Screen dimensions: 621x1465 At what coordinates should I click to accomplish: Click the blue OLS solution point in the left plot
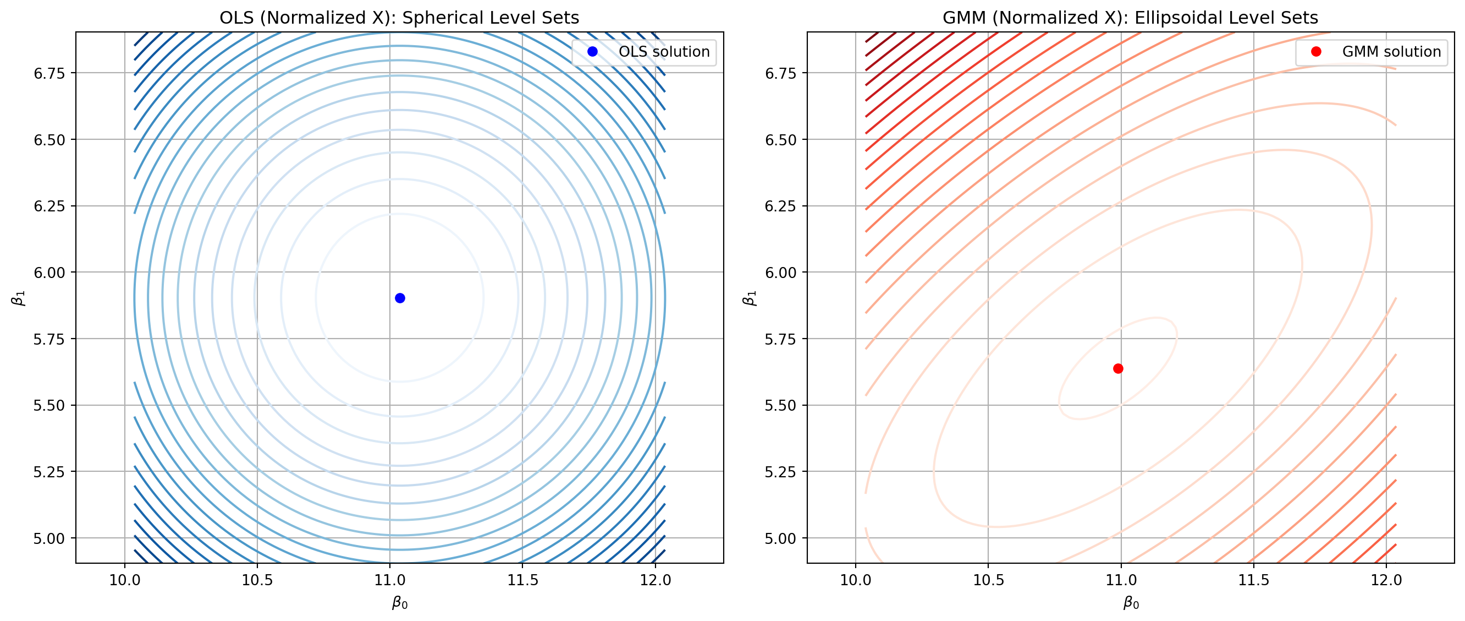coord(400,298)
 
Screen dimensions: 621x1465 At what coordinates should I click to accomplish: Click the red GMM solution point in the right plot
coord(1118,369)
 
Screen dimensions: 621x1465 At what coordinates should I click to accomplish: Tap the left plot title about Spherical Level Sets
coord(399,18)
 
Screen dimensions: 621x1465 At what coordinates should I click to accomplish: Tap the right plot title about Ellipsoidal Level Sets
coord(1130,18)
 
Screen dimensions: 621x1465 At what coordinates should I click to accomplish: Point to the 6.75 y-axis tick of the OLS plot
coord(49,73)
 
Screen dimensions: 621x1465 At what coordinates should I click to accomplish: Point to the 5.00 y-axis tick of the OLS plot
coord(49,538)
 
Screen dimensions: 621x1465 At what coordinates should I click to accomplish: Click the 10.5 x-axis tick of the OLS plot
coord(257,581)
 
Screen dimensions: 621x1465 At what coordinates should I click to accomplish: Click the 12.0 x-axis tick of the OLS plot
coord(655,581)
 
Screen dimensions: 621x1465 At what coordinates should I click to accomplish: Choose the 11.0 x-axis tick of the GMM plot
coord(1121,581)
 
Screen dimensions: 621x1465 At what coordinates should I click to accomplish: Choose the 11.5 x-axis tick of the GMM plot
coord(1253,581)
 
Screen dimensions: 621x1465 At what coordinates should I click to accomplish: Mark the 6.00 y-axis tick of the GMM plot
coord(781,273)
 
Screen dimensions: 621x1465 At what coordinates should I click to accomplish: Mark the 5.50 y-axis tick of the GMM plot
coord(781,406)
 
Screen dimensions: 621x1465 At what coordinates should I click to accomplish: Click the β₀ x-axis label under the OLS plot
coord(400,603)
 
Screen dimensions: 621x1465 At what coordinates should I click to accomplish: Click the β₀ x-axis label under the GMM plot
coord(1131,603)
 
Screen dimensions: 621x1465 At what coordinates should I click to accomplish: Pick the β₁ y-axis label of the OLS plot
coord(19,298)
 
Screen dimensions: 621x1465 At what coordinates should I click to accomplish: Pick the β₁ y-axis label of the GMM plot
coord(750,298)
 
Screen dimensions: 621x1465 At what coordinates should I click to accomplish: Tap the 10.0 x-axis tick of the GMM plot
coord(855,581)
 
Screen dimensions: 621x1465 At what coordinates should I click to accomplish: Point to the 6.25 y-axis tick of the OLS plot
coord(49,206)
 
